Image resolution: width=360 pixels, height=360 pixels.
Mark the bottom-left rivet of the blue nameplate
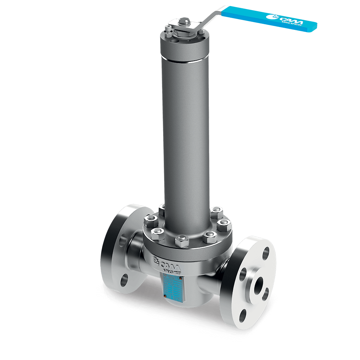165,296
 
